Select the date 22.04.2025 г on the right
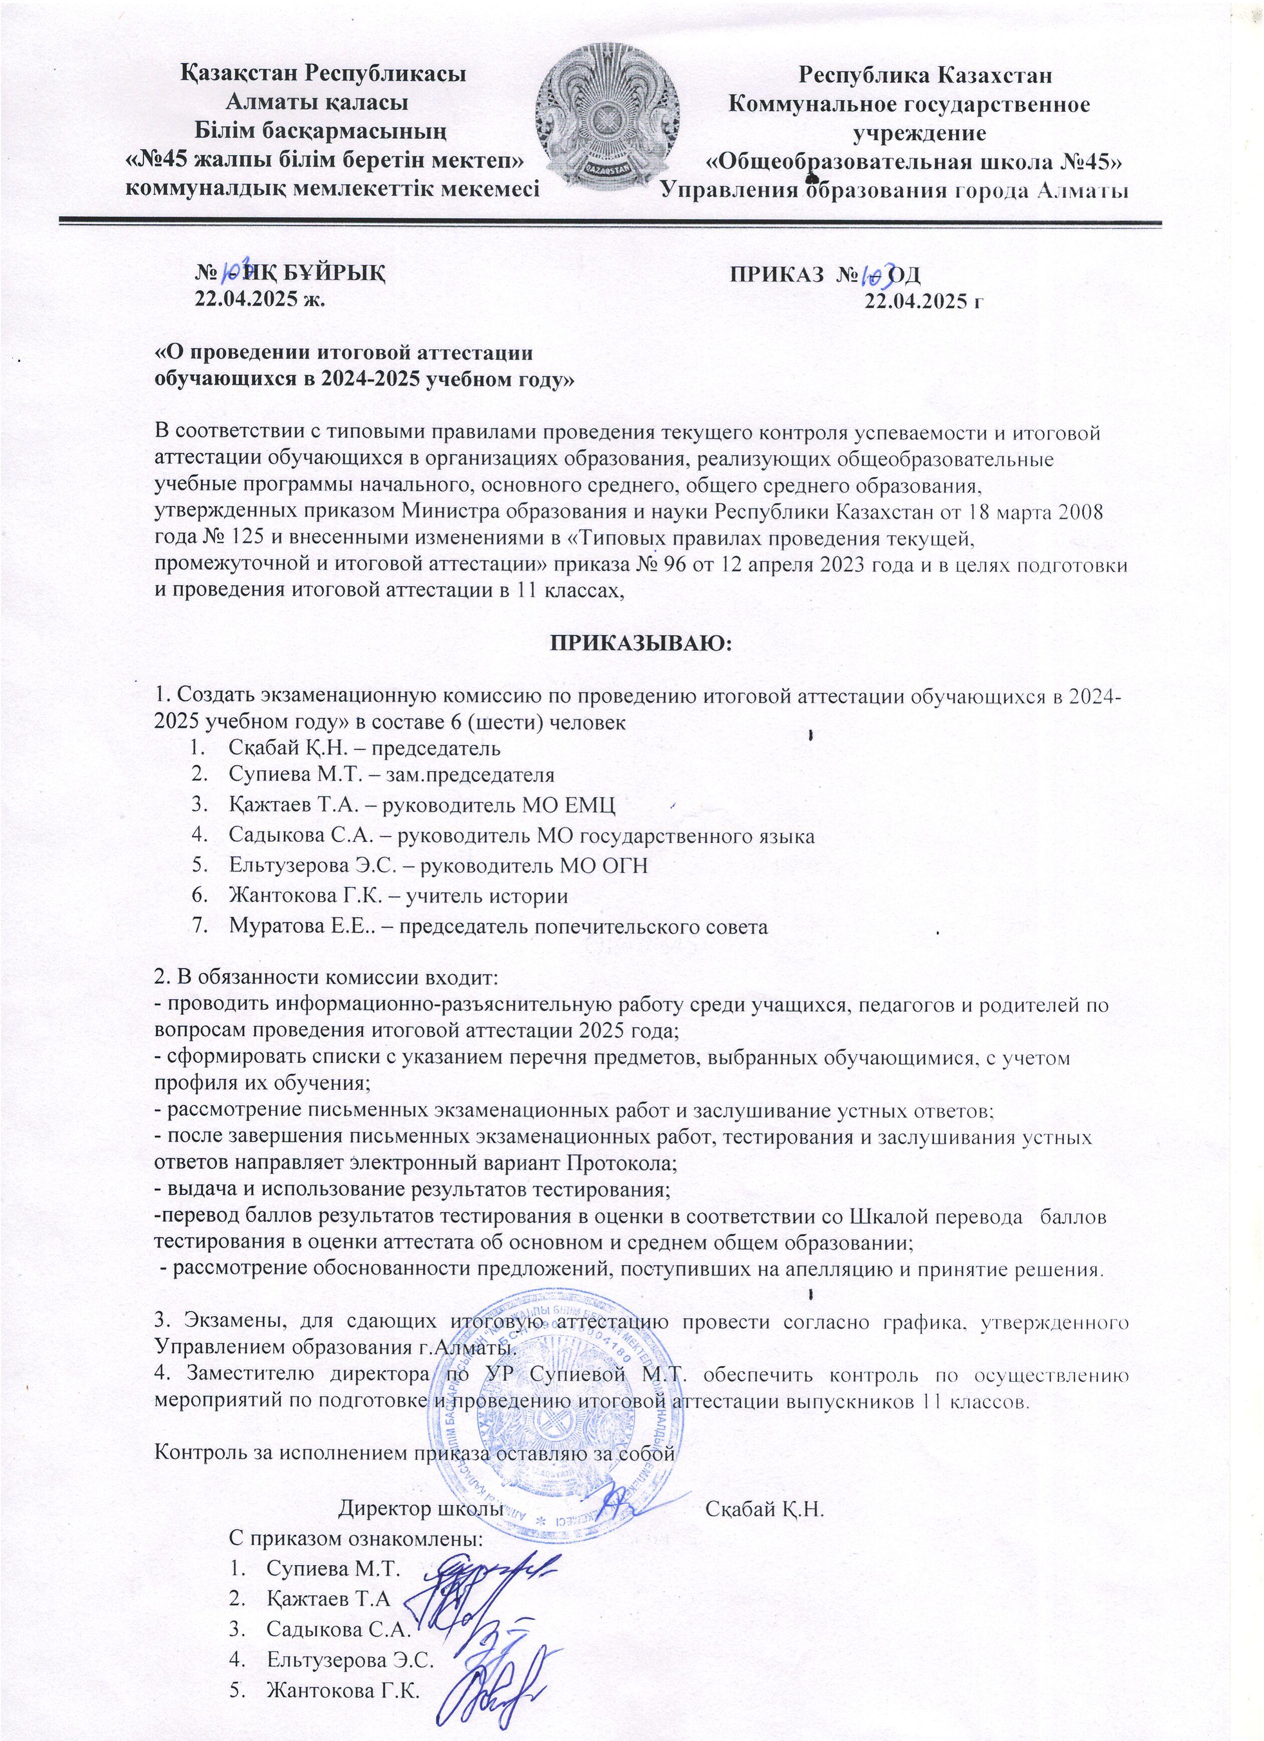pyautogui.click(x=925, y=302)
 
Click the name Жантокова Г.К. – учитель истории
pyautogui.click(x=398, y=895)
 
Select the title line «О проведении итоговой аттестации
pyautogui.click(x=344, y=354)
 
